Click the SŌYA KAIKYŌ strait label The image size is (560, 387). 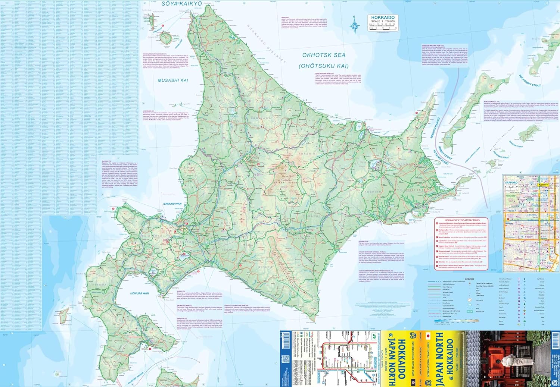coord(182,4)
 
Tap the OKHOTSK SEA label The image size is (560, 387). coord(324,55)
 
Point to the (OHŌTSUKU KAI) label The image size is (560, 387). coord(323,66)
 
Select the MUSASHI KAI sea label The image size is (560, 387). coord(173,80)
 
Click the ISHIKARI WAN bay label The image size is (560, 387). coord(172,204)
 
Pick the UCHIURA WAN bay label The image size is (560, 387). coord(139,293)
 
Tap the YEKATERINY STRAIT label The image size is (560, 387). coord(529,81)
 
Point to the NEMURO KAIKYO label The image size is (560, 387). coord(435,128)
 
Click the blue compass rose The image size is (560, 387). coord(354,25)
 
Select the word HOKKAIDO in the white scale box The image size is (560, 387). coord(383,18)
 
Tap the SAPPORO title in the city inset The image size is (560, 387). coord(511,183)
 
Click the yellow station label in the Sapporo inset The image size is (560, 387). coord(544,185)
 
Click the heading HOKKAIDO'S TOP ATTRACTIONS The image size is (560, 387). coord(462,220)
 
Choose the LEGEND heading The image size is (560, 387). coord(469,279)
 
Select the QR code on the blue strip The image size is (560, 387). coord(285,359)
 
